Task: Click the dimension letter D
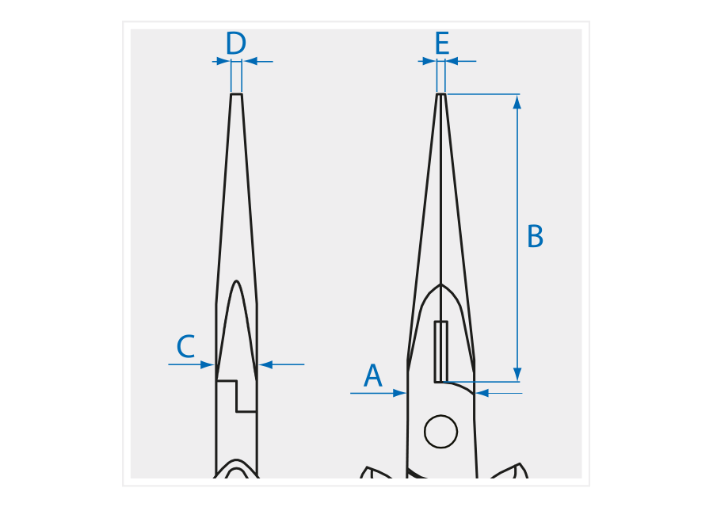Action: [x=236, y=44]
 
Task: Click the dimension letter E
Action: [x=442, y=44]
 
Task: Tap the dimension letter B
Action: [x=535, y=236]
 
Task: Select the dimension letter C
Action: [x=185, y=346]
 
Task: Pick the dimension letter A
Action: [x=373, y=375]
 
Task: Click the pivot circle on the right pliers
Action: [x=440, y=431]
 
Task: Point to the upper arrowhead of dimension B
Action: [x=517, y=102]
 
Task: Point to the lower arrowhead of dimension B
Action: [x=517, y=374]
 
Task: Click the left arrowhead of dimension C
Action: [x=208, y=364]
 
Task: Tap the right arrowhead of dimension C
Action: [x=265, y=364]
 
